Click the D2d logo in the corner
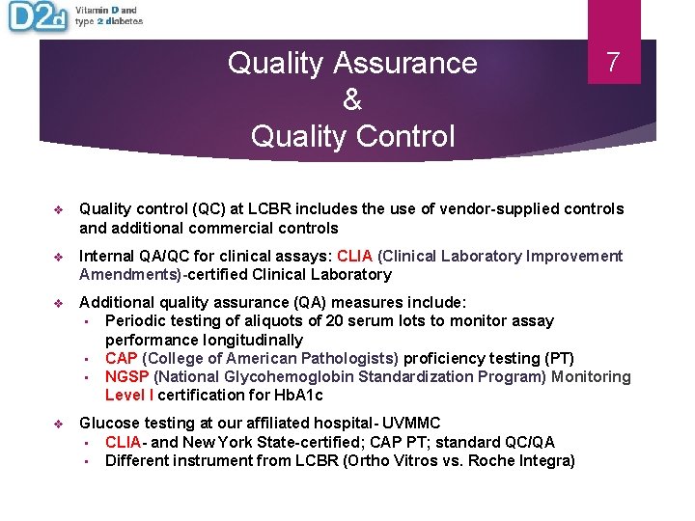click(x=37, y=17)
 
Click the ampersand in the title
click(x=351, y=99)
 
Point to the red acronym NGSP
click(x=126, y=376)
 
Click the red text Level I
click(x=129, y=395)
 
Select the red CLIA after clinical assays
click(x=354, y=256)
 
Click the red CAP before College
click(x=121, y=358)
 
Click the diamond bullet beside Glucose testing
click(x=58, y=423)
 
